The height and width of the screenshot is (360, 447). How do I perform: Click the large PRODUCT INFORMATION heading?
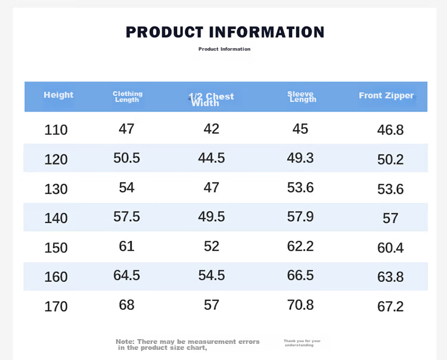click(x=225, y=32)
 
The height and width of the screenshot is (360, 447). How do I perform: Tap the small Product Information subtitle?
click(x=224, y=49)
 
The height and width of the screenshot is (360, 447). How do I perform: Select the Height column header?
click(x=58, y=95)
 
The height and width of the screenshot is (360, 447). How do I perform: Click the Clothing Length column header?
click(x=128, y=97)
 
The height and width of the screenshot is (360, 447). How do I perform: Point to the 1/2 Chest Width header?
click(x=211, y=100)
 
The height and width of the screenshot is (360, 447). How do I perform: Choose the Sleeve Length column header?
click(x=302, y=97)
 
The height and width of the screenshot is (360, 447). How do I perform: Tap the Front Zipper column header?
click(x=386, y=95)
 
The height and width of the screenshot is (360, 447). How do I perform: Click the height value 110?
click(x=56, y=130)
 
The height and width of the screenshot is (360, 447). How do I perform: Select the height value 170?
click(x=56, y=307)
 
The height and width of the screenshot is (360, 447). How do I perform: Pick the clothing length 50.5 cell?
click(x=126, y=158)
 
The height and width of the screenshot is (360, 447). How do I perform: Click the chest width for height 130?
click(x=211, y=188)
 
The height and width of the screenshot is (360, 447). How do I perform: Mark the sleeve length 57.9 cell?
click(x=300, y=216)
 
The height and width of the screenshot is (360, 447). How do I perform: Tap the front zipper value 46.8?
click(x=390, y=130)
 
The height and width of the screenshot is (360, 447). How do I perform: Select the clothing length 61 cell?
click(x=126, y=246)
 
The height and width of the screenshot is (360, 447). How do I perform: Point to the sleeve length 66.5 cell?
click(x=300, y=275)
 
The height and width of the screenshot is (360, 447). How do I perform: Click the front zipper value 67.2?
click(x=390, y=307)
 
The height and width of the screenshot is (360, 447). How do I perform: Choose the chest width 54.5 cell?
click(x=212, y=275)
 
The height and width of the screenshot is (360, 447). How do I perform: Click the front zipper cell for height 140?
click(x=390, y=218)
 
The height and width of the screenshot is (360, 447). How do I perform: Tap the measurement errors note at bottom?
click(x=188, y=345)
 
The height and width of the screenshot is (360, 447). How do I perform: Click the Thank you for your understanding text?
click(x=302, y=343)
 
